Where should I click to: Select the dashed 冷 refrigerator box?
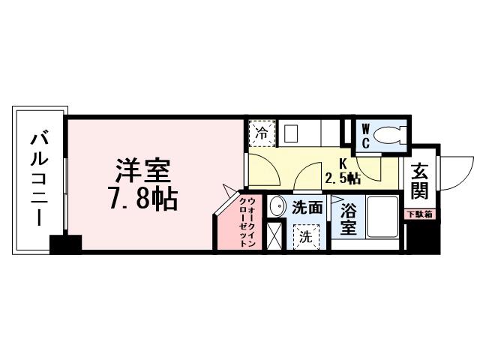click(262, 134)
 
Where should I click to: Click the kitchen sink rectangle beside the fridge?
click(291, 133)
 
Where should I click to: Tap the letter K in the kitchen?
click(342, 163)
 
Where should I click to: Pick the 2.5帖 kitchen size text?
click(343, 178)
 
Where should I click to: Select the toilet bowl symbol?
click(390, 136)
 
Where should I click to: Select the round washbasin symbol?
click(276, 207)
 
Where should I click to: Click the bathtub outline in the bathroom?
click(385, 217)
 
